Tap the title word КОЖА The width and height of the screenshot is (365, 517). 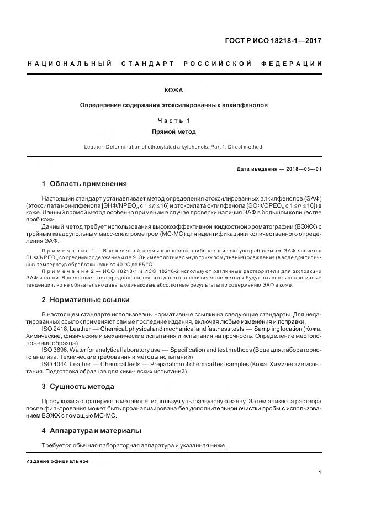click(173, 90)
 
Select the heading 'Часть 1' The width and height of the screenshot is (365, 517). click(173, 120)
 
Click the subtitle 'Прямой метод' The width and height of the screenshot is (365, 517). click(173, 132)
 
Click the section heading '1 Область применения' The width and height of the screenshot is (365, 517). click(84, 184)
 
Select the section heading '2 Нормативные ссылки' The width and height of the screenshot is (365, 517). click(86, 300)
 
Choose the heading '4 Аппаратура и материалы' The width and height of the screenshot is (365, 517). click(91, 430)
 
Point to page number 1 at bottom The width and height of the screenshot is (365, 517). click(320, 472)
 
